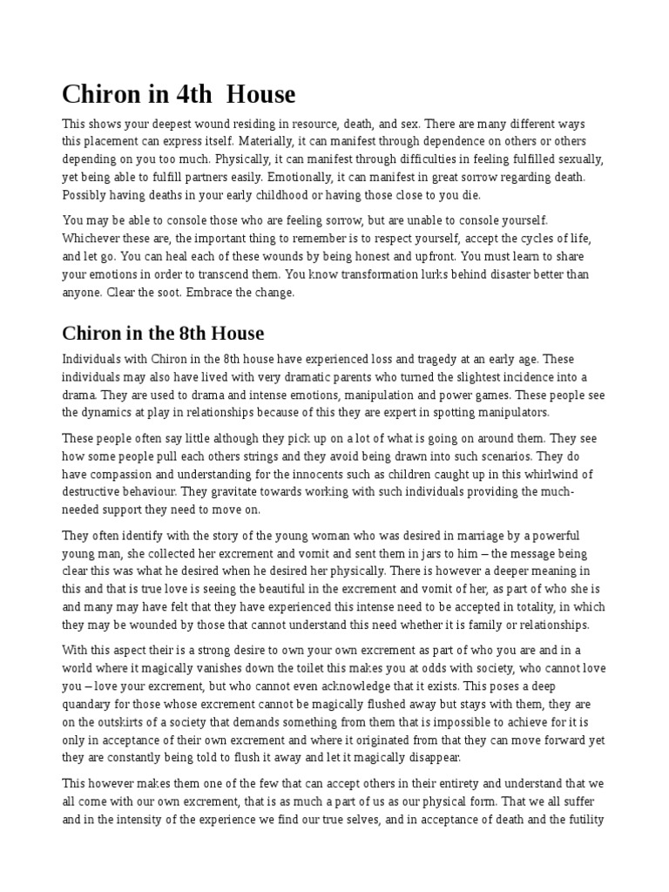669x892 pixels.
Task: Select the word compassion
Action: pos(128,474)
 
